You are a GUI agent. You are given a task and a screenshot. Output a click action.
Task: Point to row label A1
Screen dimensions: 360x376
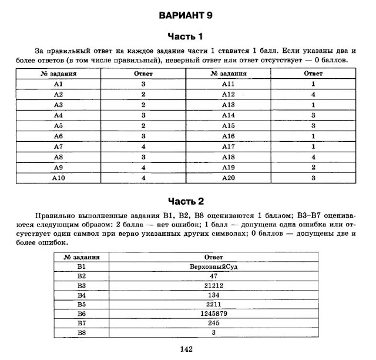point(58,85)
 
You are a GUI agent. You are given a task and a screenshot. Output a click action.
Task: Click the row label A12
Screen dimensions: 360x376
point(228,94)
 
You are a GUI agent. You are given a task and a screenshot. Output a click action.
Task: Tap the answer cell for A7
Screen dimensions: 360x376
point(143,146)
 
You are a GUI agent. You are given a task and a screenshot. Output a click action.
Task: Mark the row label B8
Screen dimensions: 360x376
point(81,333)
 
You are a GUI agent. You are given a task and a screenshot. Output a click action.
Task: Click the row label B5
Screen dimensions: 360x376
point(81,305)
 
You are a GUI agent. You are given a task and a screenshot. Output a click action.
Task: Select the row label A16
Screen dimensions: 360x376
point(228,136)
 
